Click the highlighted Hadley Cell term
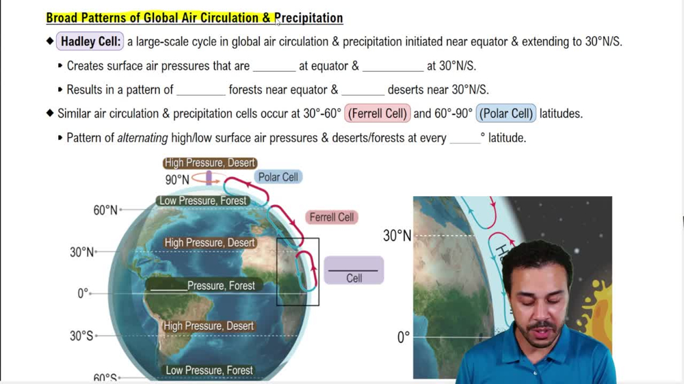pos(90,42)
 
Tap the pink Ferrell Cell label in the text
pos(378,113)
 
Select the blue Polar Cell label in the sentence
pos(506,113)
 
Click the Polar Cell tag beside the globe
pos(278,177)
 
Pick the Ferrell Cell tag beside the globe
pos(332,217)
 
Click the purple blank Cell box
pos(354,270)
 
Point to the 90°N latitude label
pos(177,180)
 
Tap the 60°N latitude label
pos(105,210)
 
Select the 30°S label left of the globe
pos(81,336)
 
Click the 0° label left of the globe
pos(83,294)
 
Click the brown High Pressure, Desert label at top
pos(210,163)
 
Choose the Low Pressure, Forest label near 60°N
pos(203,201)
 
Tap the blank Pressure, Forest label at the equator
pos(202,286)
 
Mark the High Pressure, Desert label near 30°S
pos(209,327)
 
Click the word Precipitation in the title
pos(308,18)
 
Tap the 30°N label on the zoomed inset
pos(397,236)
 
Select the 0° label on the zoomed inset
pos(403,338)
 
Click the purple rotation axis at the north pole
pos(209,178)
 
